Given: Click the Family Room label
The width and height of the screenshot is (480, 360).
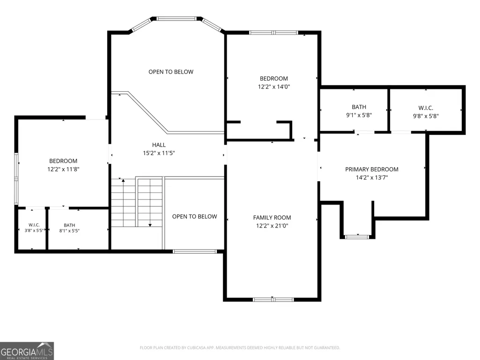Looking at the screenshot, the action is [272, 218].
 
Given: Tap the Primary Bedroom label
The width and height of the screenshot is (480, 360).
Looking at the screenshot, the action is [372, 169].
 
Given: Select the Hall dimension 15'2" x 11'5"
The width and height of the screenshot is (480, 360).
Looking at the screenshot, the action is [159, 153].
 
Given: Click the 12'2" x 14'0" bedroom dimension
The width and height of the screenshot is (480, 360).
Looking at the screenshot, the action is [273, 87].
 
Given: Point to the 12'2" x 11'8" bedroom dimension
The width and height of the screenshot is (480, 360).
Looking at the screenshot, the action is [63, 169].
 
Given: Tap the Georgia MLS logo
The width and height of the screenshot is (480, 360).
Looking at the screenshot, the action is [27, 351].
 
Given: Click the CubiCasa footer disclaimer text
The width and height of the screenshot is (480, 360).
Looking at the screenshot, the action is [240, 348].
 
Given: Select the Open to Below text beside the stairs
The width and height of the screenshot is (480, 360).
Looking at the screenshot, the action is [194, 216].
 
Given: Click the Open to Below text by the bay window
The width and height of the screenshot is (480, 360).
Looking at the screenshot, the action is [171, 72].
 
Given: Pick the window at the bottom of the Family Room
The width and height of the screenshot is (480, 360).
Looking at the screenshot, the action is [273, 300].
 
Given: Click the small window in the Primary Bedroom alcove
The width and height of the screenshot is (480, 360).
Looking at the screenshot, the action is [357, 236].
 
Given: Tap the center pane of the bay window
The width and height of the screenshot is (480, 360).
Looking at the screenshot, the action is [177, 18].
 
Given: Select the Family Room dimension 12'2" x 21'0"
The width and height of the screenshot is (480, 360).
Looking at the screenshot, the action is [272, 226].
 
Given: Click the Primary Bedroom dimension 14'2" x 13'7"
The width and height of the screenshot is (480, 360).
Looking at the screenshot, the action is [372, 177].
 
